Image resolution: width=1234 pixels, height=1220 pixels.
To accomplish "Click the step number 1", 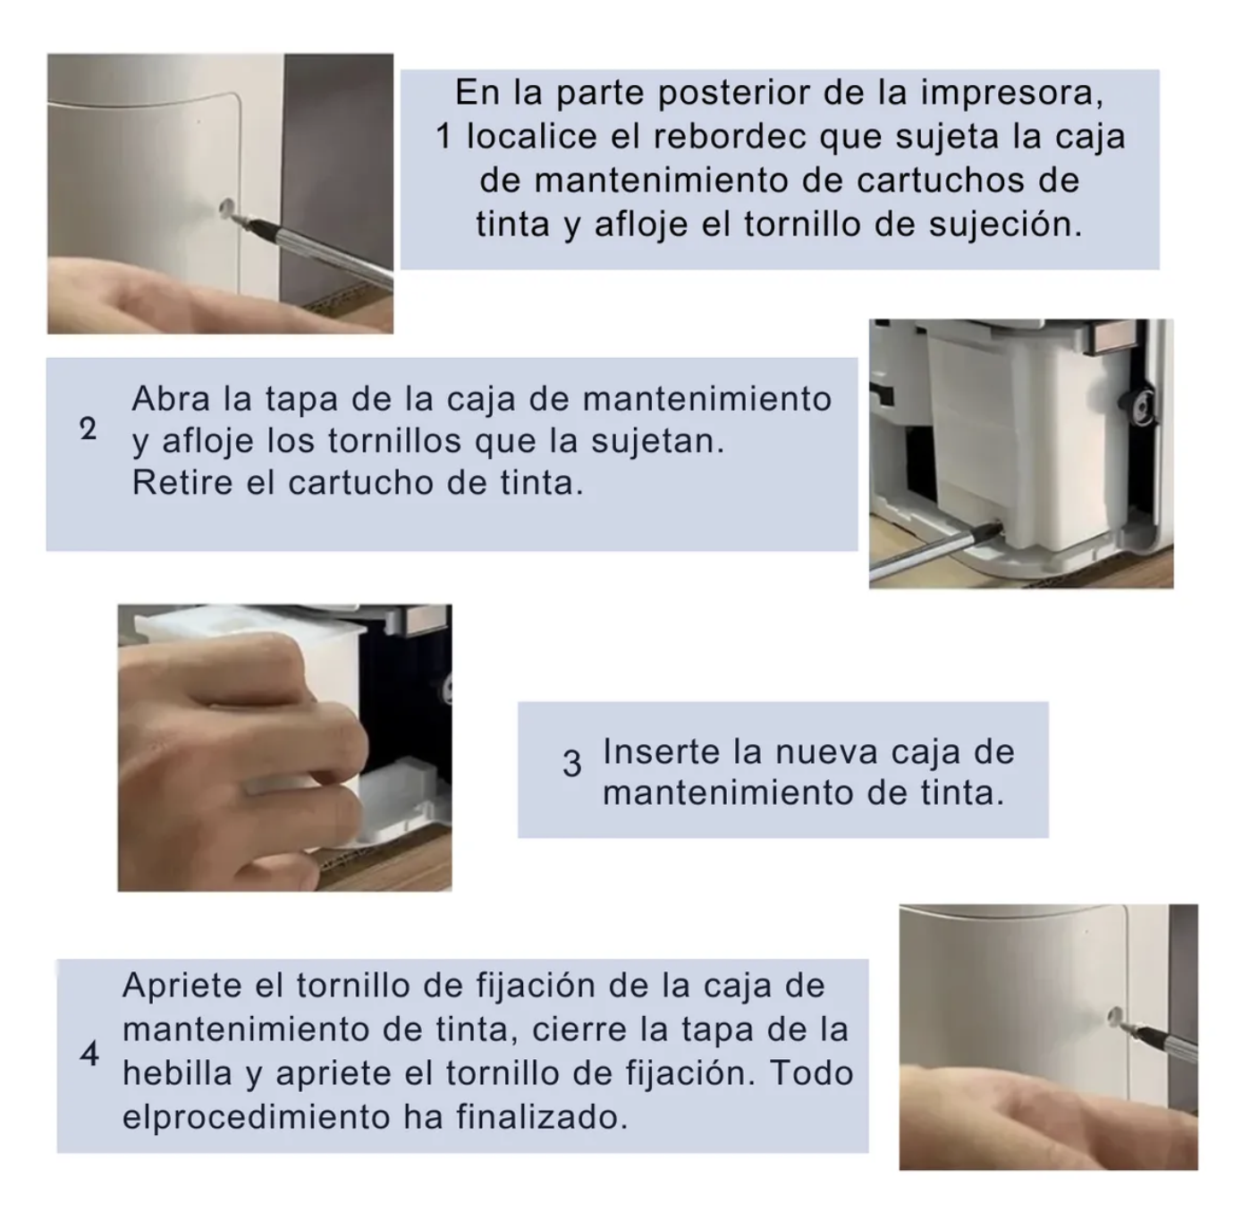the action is pos(443,137).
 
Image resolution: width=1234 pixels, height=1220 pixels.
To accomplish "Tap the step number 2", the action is pos(89,428).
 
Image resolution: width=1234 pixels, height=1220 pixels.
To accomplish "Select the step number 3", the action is pos(572,765).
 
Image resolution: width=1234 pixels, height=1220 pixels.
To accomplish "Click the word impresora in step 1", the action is pos(1012,93).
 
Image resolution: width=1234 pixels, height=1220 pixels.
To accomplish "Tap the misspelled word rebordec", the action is pos(729,137).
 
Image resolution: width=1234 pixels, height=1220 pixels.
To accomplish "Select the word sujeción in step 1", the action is pos(1005,225).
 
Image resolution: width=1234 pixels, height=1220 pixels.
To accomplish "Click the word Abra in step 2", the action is pos(171,399).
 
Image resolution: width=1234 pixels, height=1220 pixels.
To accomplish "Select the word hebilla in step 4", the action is pos(177,1072).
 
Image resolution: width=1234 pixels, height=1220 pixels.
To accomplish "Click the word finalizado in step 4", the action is pos(542,1117).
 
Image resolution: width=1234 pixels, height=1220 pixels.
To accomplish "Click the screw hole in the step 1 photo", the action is pos(226,208).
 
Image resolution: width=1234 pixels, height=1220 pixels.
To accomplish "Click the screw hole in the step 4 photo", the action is pos(1115,1014).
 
